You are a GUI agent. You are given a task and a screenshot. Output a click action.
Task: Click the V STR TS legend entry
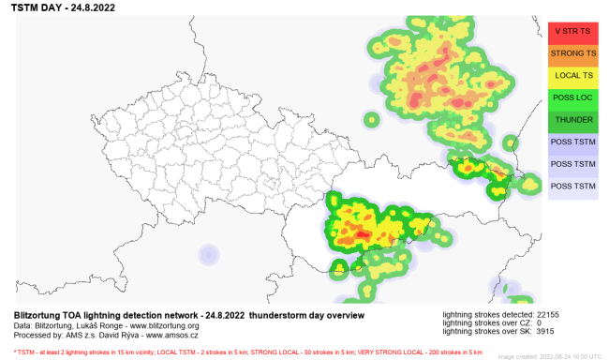(x=573, y=31)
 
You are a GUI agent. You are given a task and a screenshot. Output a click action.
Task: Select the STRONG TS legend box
(x=573, y=53)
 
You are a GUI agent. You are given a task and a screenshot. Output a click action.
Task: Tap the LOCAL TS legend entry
(x=573, y=75)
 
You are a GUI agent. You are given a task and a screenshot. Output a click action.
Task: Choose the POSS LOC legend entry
(x=573, y=97)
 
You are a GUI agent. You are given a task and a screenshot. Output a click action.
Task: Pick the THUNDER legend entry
(x=573, y=120)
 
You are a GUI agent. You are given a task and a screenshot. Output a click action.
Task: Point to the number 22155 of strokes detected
(x=549, y=313)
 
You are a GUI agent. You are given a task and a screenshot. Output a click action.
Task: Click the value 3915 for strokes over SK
(x=547, y=332)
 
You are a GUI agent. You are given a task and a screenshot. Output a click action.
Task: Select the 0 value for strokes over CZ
(x=539, y=322)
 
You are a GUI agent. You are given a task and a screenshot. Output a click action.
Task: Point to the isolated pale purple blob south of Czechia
(x=208, y=255)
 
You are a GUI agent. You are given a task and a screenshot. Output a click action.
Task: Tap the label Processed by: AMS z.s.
(x=46, y=333)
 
